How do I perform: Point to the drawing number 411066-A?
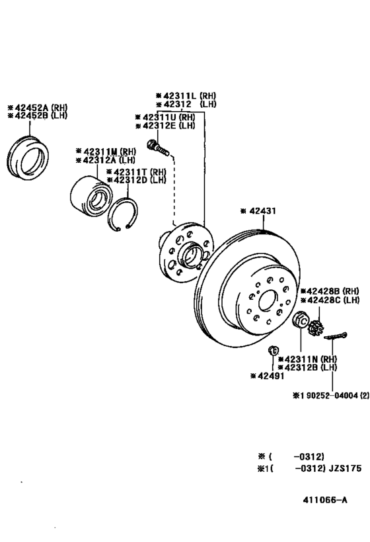(325, 500)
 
